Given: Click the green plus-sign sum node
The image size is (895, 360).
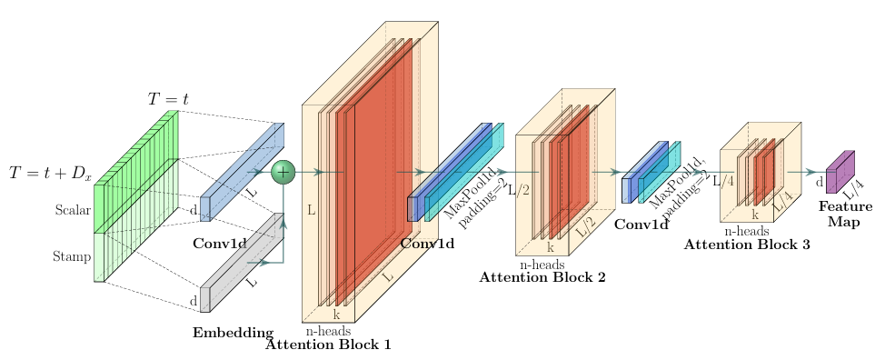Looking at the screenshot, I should [283, 171].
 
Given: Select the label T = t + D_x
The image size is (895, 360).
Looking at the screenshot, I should [50, 173].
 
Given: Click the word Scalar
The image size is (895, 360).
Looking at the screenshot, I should [73, 211].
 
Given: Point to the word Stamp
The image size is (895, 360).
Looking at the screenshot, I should [73, 257].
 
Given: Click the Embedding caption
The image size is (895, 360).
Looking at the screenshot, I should [233, 333].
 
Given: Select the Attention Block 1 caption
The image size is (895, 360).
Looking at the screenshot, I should [328, 345].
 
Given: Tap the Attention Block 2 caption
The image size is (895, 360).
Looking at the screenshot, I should [542, 277].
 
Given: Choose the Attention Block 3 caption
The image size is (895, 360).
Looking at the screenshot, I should [747, 244].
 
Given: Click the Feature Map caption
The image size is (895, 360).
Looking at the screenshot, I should [844, 215].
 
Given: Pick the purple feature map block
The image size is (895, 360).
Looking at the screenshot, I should [839, 173].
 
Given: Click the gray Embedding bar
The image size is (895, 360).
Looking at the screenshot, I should [241, 264].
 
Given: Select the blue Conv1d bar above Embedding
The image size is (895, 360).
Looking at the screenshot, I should [241, 173].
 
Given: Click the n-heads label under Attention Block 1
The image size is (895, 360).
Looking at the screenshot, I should [328, 331].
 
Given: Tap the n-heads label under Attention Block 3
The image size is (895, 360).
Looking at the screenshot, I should [747, 231].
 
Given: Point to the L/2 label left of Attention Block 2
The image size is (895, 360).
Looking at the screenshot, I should [519, 190].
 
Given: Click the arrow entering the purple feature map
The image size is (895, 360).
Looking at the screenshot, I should [803, 171].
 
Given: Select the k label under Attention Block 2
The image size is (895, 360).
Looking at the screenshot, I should [549, 247].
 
